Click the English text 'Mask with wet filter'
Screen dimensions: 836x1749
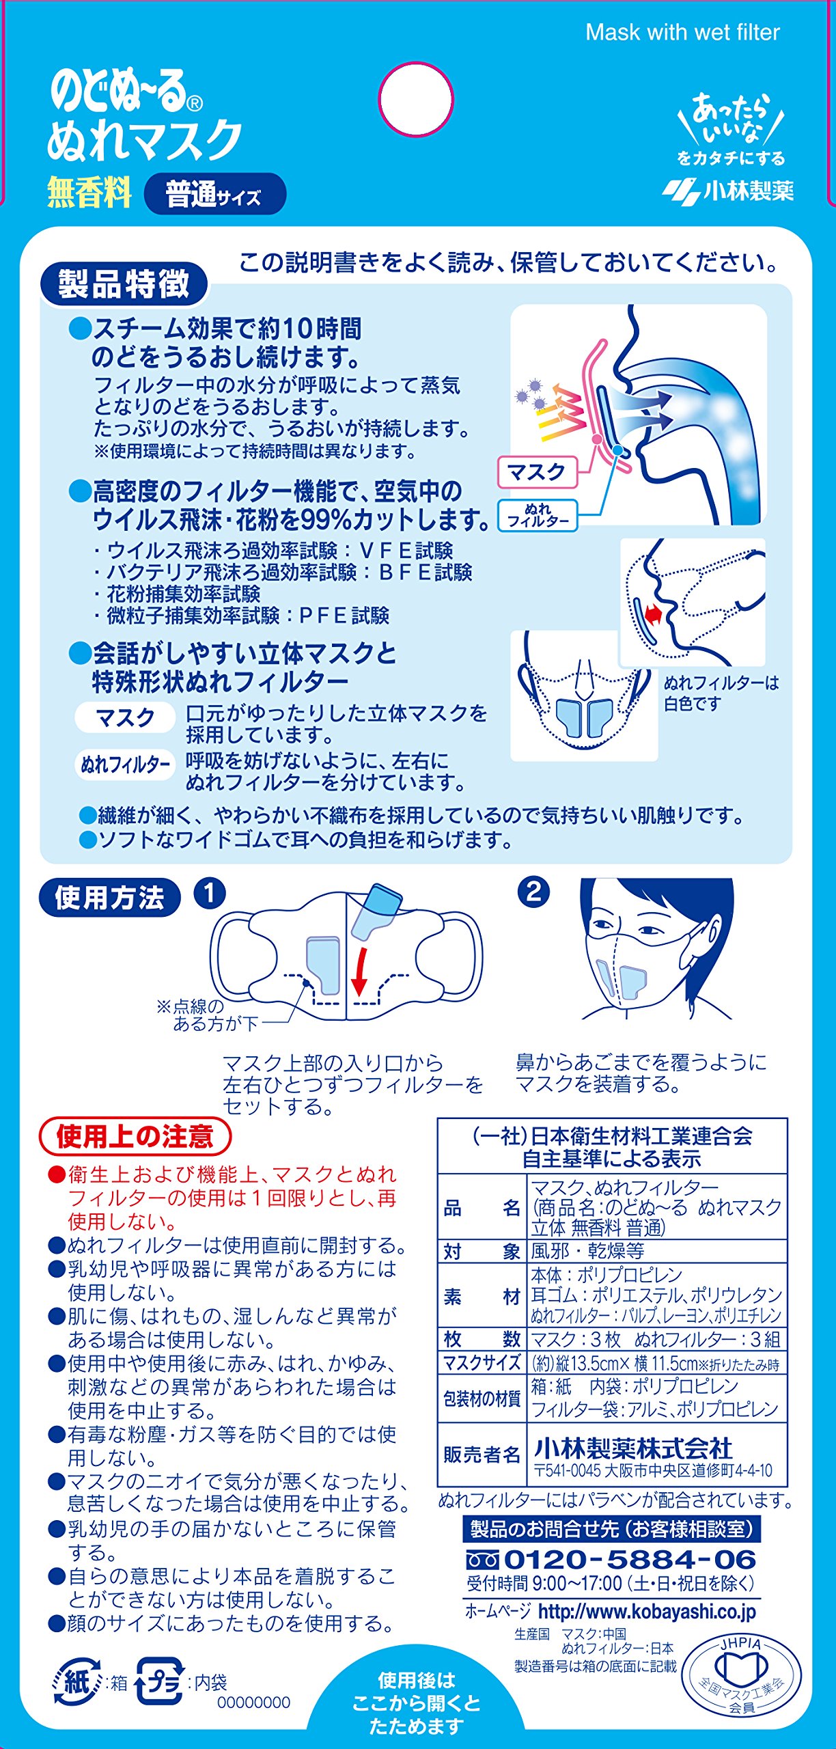click(x=682, y=32)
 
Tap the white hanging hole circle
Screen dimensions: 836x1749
click(x=416, y=100)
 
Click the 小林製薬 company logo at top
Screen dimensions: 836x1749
click(x=728, y=190)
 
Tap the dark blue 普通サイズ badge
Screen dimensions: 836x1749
click(x=215, y=194)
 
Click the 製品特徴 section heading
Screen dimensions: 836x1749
click(x=124, y=284)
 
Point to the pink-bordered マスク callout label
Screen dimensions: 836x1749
click(x=537, y=472)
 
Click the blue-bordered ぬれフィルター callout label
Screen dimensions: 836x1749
click(x=538, y=515)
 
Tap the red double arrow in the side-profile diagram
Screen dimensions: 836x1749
click(x=653, y=615)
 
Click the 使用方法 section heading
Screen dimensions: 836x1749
click(x=110, y=897)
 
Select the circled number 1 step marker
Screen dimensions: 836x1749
click(x=210, y=894)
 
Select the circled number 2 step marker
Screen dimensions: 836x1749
click(x=533, y=892)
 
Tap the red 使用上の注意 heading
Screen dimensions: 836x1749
click(x=135, y=1136)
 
